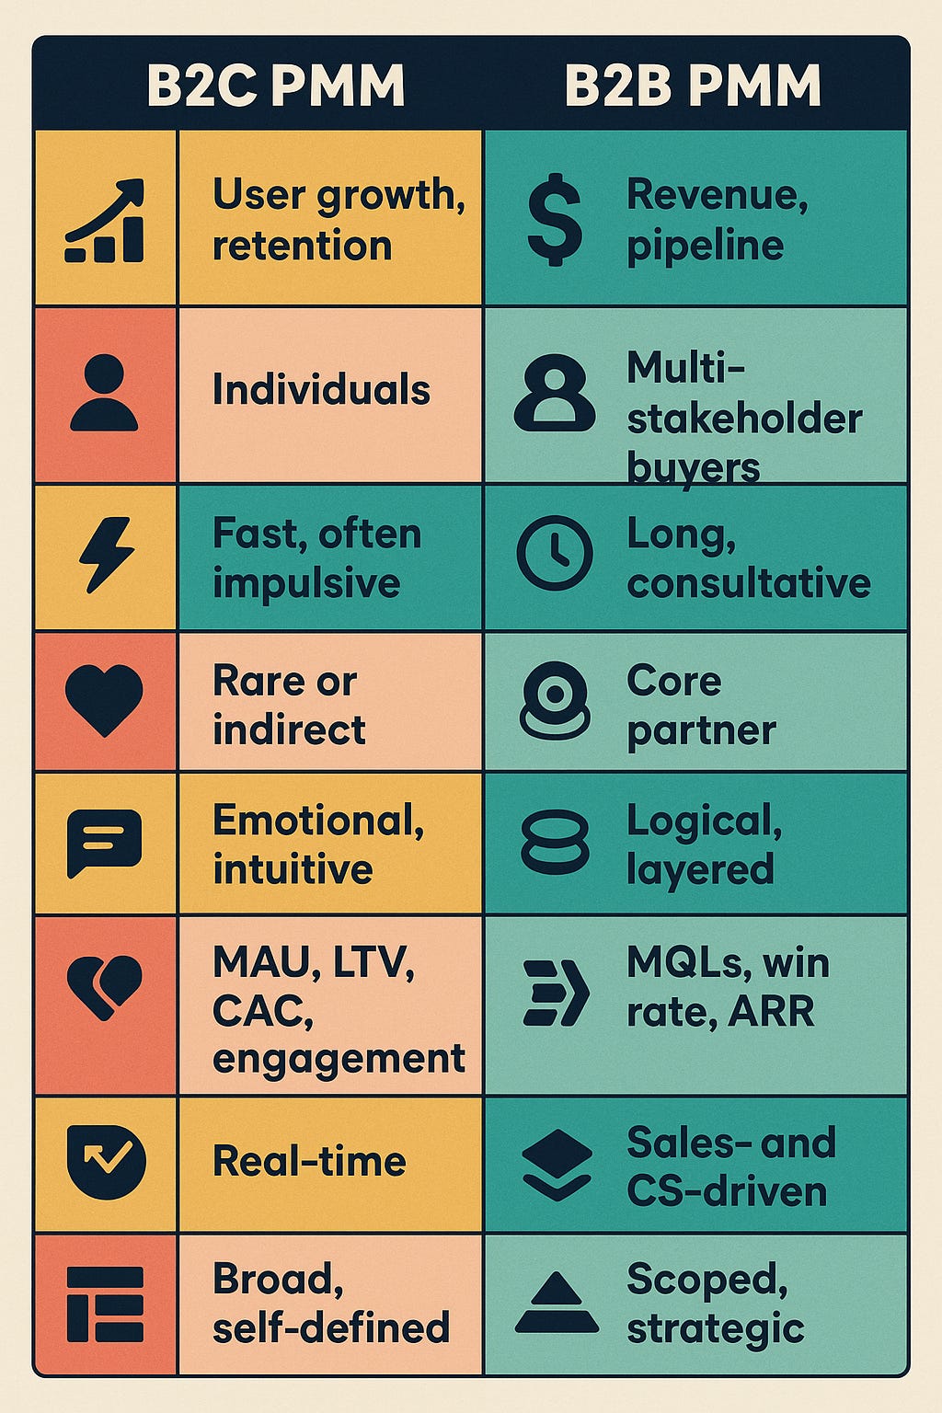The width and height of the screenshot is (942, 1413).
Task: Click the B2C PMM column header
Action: pyautogui.click(x=276, y=86)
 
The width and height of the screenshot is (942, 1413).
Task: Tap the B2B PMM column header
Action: pyautogui.click(x=692, y=86)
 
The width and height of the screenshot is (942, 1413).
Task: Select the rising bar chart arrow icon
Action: pyautogui.click(x=105, y=221)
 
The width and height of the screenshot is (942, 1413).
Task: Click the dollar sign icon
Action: pyautogui.click(x=555, y=221)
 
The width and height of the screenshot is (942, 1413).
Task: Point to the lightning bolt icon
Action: pyautogui.click(x=106, y=555)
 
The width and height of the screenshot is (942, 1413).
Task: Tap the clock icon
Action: pyautogui.click(x=554, y=553)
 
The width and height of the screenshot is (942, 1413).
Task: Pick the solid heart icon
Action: pyautogui.click(x=104, y=699)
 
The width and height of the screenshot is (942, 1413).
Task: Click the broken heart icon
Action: pyautogui.click(x=104, y=987)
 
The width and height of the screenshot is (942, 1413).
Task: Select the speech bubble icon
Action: pyautogui.click(x=104, y=843)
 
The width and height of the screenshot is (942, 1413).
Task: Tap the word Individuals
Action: pyautogui.click(x=321, y=390)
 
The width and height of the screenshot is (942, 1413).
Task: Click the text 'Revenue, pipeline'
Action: pyautogui.click(x=717, y=220)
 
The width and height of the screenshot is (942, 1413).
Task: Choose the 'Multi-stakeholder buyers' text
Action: pyautogui.click(x=743, y=418)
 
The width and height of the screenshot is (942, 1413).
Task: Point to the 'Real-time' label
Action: pyautogui.click(x=309, y=1161)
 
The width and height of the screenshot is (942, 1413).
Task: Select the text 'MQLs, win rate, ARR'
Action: pyautogui.click(x=727, y=987)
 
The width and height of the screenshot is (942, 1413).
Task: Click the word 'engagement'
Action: pyautogui.click(x=339, y=1059)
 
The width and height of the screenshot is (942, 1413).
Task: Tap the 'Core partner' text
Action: pyautogui.click(x=701, y=706)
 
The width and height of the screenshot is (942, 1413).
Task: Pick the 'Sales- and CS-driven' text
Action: pyautogui.click(x=730, y=1166)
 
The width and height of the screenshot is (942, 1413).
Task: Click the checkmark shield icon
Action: pyautogui.click(x=106, y=1161)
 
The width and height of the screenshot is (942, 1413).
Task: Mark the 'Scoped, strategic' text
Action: pyautogui.click(x=715, y=1304)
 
